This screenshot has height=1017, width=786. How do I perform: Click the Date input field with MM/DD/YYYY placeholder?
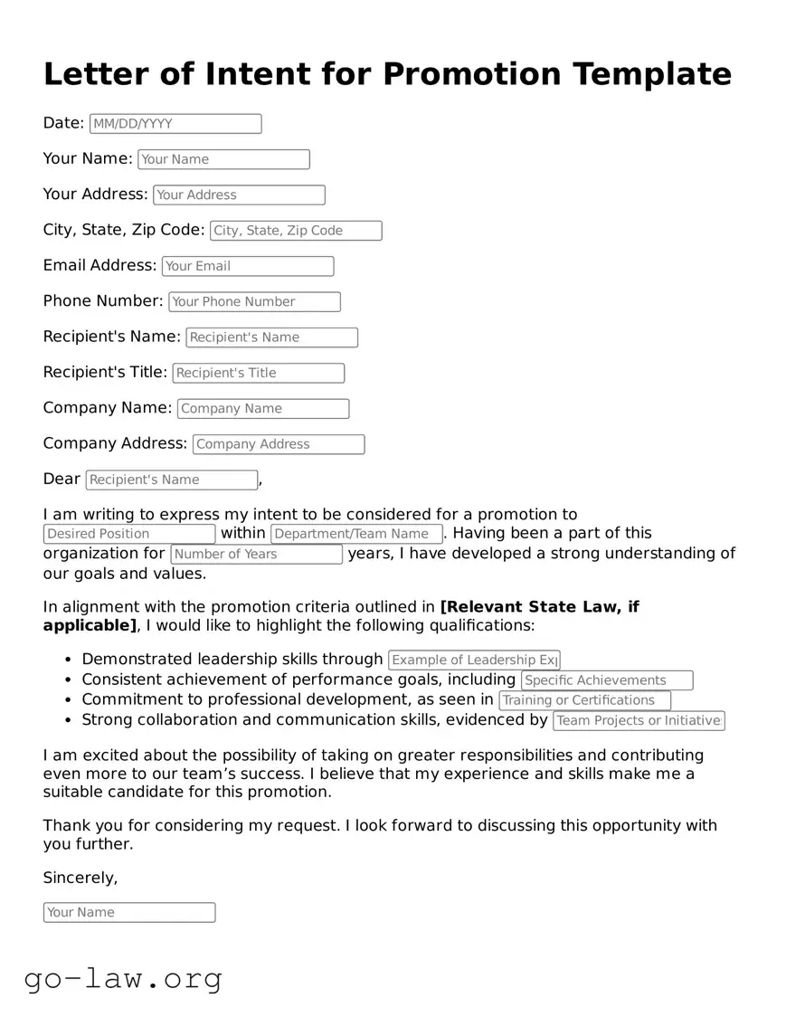(x=175, y=124)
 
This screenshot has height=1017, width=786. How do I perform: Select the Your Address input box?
(x=239, y=195)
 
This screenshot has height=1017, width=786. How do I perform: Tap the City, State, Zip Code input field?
(x=296, y=231)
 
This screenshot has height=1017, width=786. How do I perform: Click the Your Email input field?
(x=248, y=266)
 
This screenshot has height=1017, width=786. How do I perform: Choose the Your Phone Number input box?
(x=254, y=302)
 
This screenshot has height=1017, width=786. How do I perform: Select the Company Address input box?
(x=279, y=444)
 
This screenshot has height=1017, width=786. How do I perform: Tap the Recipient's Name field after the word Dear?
(x=172, y=480)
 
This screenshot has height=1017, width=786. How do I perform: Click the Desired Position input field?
(x=129, y=534)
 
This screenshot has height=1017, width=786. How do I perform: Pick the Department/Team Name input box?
(x=356, y=534)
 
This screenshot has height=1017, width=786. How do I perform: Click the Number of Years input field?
(x=257, y=554)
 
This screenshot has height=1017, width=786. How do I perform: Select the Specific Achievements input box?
(x=607, y=680)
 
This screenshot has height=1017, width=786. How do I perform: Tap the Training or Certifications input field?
(x=584, y=700)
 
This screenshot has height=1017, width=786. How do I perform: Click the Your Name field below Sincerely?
(x=129, y=912)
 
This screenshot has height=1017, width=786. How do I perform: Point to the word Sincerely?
(x=80, y=878)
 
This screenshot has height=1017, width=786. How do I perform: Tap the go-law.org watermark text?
(x=123, y=978)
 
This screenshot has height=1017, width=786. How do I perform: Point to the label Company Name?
(x=107, y=408)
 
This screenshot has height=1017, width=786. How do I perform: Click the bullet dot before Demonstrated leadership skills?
(x=70, y=661)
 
